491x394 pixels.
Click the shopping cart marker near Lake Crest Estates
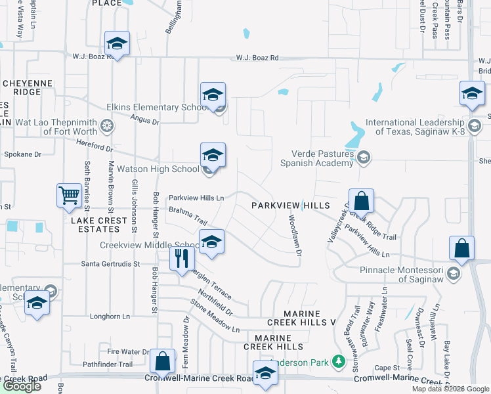[x=69, y=195]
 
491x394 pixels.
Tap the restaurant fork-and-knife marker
[x=182, y=257]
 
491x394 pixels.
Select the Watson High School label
[x=158, y=169]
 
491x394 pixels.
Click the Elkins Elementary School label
[x=158, y=108]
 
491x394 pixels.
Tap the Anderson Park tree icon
[x=338, y=361]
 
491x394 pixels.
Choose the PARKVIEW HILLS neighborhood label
[x=291, y=206]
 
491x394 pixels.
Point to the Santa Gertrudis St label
[x=110, y=264]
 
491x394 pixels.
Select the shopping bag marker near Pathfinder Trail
[x=162, y=361]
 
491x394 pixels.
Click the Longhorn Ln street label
[x=110, y=316]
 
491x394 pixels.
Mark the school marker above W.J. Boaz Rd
[x=117, y=43]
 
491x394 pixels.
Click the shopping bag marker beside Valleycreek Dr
[x=361, y=200]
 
